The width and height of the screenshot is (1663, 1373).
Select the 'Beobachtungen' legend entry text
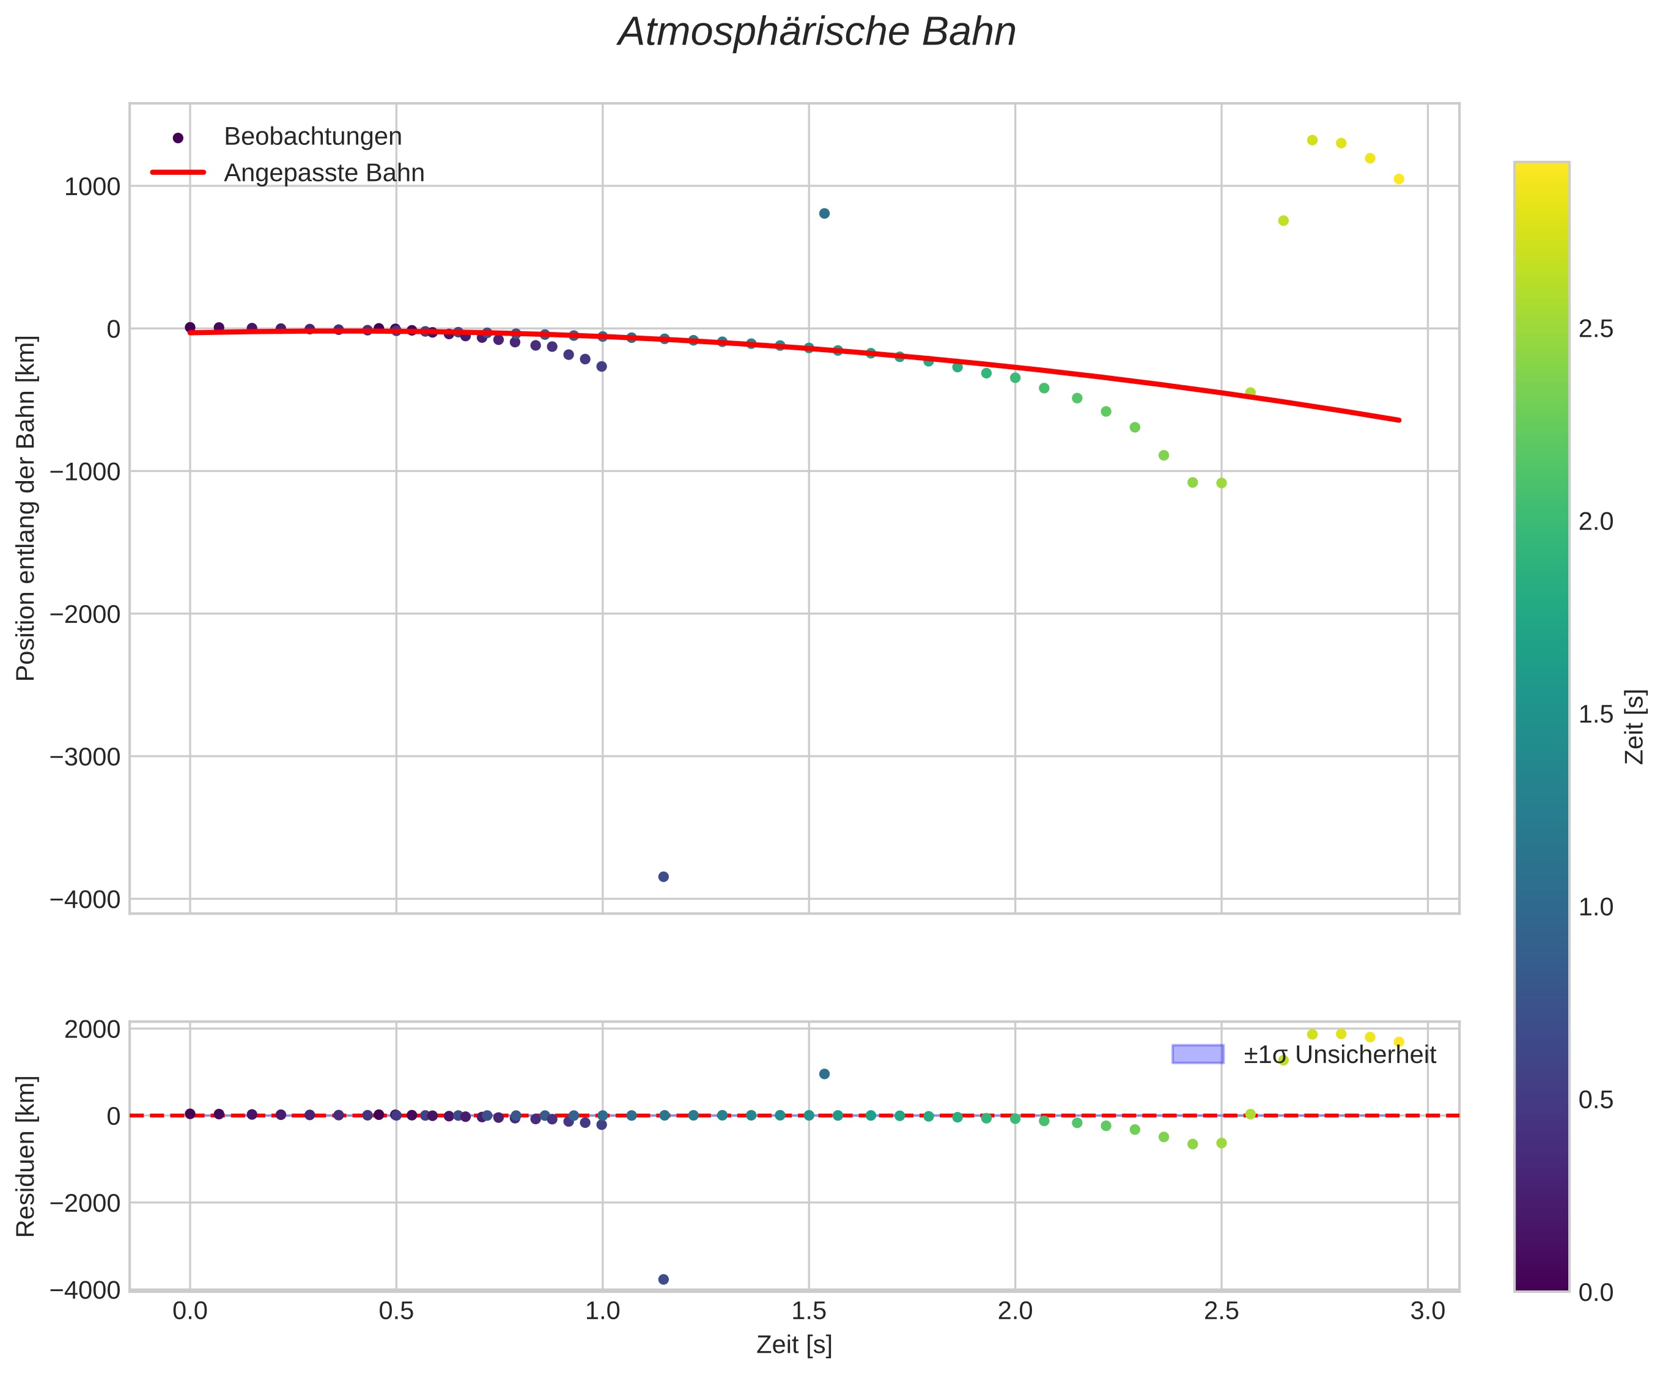312,137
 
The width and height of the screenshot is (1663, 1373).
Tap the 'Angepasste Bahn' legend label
323,173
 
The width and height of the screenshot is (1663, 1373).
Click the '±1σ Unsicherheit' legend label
1338,1055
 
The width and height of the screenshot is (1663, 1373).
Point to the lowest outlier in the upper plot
663,877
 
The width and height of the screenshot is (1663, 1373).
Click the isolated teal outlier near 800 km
824,213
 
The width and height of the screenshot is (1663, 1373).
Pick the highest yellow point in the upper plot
1311,140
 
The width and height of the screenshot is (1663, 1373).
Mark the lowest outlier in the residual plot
663,1279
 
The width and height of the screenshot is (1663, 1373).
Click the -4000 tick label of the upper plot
86,899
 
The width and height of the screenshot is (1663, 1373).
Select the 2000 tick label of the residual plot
92,1029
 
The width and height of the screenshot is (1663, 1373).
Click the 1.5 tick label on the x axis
808,1311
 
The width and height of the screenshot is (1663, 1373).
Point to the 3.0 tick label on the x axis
1427,1311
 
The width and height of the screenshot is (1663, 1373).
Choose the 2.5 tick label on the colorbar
1595,329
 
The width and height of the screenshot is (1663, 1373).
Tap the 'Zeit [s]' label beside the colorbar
1633,727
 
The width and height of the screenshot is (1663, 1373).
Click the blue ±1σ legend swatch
1197,1055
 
